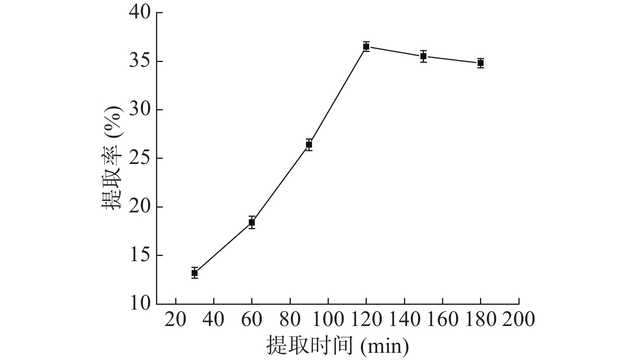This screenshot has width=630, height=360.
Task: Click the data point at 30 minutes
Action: point(195,273)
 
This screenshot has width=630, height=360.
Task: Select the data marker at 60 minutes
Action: point(252,222)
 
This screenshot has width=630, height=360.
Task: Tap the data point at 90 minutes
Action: point(309,144)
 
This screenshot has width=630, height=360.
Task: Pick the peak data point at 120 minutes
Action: point(366,46)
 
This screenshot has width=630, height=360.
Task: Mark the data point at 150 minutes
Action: point(423,56)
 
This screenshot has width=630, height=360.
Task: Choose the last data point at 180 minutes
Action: point(480,63)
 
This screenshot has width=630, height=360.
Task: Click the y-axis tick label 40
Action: point(140,13)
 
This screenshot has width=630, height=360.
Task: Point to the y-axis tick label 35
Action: point(140,62)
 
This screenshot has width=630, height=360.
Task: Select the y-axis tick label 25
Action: point(140,158)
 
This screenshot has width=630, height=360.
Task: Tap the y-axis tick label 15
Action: point(140,256)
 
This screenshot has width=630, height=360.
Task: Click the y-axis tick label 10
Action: point(140,304)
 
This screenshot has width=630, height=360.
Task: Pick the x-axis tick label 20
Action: point(176,320)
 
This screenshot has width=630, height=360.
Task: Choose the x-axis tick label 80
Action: point(290,320)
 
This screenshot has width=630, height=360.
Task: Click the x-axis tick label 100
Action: point(328,320)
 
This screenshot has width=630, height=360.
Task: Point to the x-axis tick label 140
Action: point(404,320)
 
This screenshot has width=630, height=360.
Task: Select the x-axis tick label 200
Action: point(519,320)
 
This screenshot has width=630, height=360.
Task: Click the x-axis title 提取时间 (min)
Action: point(338,346)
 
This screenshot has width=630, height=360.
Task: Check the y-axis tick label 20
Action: point(140,207)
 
